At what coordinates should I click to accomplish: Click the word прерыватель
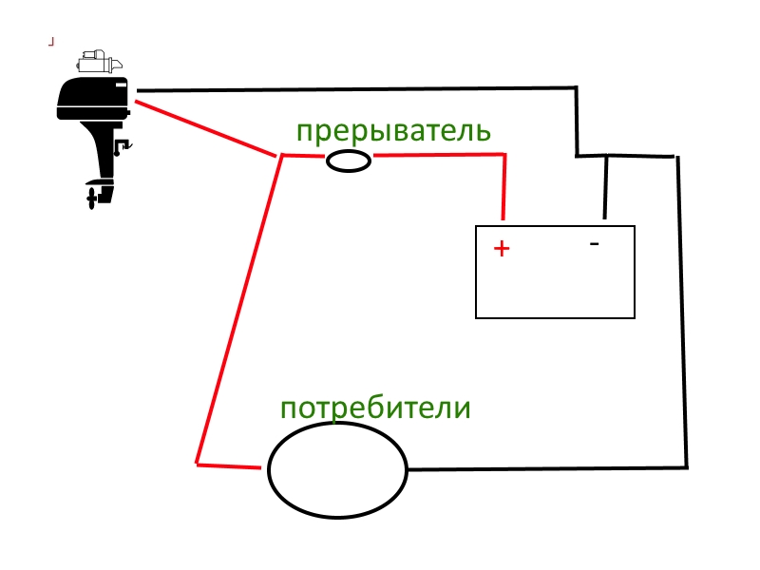point(393,131)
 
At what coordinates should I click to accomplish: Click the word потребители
point(375,408)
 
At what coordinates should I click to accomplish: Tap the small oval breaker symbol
point(349,161)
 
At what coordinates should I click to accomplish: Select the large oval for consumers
point(337,471)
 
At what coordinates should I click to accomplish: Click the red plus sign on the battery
point(502,249)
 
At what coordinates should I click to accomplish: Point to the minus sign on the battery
point(595,244)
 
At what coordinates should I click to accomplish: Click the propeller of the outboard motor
point(92,198)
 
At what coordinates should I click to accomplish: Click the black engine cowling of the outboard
point(90,98)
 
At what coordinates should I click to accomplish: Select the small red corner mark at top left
point(51,41)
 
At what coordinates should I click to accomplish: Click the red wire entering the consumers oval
point(229,465)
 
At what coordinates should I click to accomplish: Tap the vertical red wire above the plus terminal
point(503,186)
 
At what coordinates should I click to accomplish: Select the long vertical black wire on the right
point(682,313)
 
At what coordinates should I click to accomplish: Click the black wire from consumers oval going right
point(546,468)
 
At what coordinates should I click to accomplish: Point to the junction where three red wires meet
point(281,155)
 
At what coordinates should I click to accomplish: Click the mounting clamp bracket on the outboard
point(122,147)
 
